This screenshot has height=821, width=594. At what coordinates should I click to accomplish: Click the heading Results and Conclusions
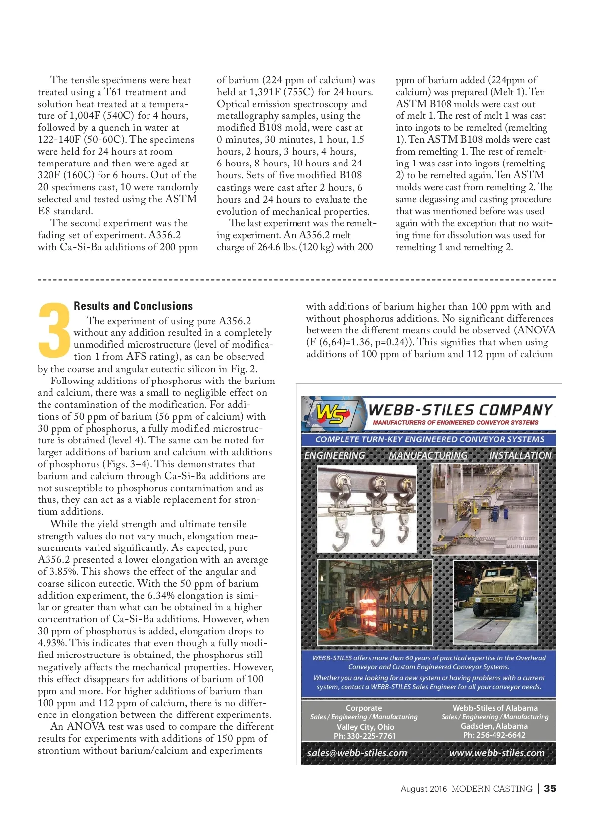pyautogui.click(x=133, y=306)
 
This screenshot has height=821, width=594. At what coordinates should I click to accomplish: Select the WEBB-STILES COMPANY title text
pyautogui.click(x=460, y=410)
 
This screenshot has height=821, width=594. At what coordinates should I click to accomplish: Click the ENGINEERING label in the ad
pyautogui.click(x=335, y=455)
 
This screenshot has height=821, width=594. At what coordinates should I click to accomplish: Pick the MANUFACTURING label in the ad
pyautogui.click(x=428, y=455)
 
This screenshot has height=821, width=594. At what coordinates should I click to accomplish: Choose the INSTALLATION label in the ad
pyautogui.click(x=520, y=455)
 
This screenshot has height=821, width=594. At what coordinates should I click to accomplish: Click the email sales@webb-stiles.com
pyautogui.click(x=357, y=753)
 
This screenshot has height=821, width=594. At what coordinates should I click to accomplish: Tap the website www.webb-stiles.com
pyautogui.click(x=496, y=753)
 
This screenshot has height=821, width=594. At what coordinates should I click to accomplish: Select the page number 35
pyautogui.click(x=550, y=789)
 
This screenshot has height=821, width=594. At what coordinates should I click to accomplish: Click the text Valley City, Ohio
pyautogui.click(x=365, y=727)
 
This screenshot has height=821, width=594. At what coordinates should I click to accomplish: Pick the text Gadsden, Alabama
pyautogui.click(x=494, y=726)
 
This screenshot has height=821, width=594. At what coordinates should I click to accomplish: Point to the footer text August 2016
pyautogui.click(x=424, y=789)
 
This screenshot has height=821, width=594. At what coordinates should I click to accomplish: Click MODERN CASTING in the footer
pyautogui.click(x=492, y=789)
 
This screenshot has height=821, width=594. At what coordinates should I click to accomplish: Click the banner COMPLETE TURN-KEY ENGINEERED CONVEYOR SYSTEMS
pyautogui.click(x=429, y=439)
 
